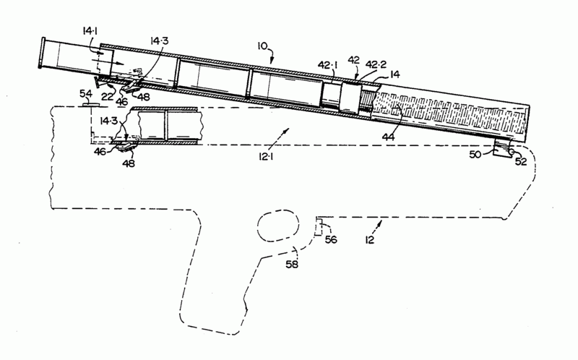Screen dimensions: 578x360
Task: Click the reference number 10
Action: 262,46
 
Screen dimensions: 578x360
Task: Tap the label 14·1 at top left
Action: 90,31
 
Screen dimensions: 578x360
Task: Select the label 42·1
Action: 328,65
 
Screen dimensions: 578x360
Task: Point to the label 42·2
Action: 376,64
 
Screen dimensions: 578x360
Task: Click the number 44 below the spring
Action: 388,137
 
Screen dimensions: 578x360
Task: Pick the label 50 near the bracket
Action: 475,154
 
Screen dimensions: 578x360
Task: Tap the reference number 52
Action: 521,161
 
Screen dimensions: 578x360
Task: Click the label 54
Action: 86,94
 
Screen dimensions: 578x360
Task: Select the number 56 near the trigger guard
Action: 331,239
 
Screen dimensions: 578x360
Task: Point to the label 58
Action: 292,264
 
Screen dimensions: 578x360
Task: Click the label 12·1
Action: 266,157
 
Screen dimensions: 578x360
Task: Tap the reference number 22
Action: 107,97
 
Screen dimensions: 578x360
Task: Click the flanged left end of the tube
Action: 41,53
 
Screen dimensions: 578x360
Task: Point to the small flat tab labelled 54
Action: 91,105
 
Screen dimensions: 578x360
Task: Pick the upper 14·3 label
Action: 159,40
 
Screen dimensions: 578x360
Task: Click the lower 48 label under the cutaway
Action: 129,163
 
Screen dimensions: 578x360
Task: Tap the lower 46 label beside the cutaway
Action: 100,151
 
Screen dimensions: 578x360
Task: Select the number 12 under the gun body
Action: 369,240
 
